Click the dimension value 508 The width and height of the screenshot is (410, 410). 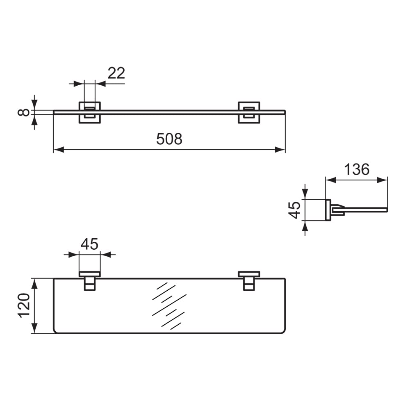169,139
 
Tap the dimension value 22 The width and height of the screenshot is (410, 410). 116,73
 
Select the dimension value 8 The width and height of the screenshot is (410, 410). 24,112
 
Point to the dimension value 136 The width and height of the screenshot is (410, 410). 357,169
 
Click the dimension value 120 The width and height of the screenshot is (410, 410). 24,306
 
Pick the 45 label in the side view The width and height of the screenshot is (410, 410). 294,210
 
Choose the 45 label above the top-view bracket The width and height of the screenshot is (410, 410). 89,244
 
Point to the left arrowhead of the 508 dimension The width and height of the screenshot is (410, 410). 59,150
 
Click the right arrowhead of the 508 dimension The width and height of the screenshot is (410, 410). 280,150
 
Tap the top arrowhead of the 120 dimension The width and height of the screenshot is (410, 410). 34,284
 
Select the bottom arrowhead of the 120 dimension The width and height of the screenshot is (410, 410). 34,328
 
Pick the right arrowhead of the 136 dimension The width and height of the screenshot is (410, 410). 382,180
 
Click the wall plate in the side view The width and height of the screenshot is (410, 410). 328,210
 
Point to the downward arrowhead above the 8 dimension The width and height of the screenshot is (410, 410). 34,105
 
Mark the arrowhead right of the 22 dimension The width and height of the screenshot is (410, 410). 100,84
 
